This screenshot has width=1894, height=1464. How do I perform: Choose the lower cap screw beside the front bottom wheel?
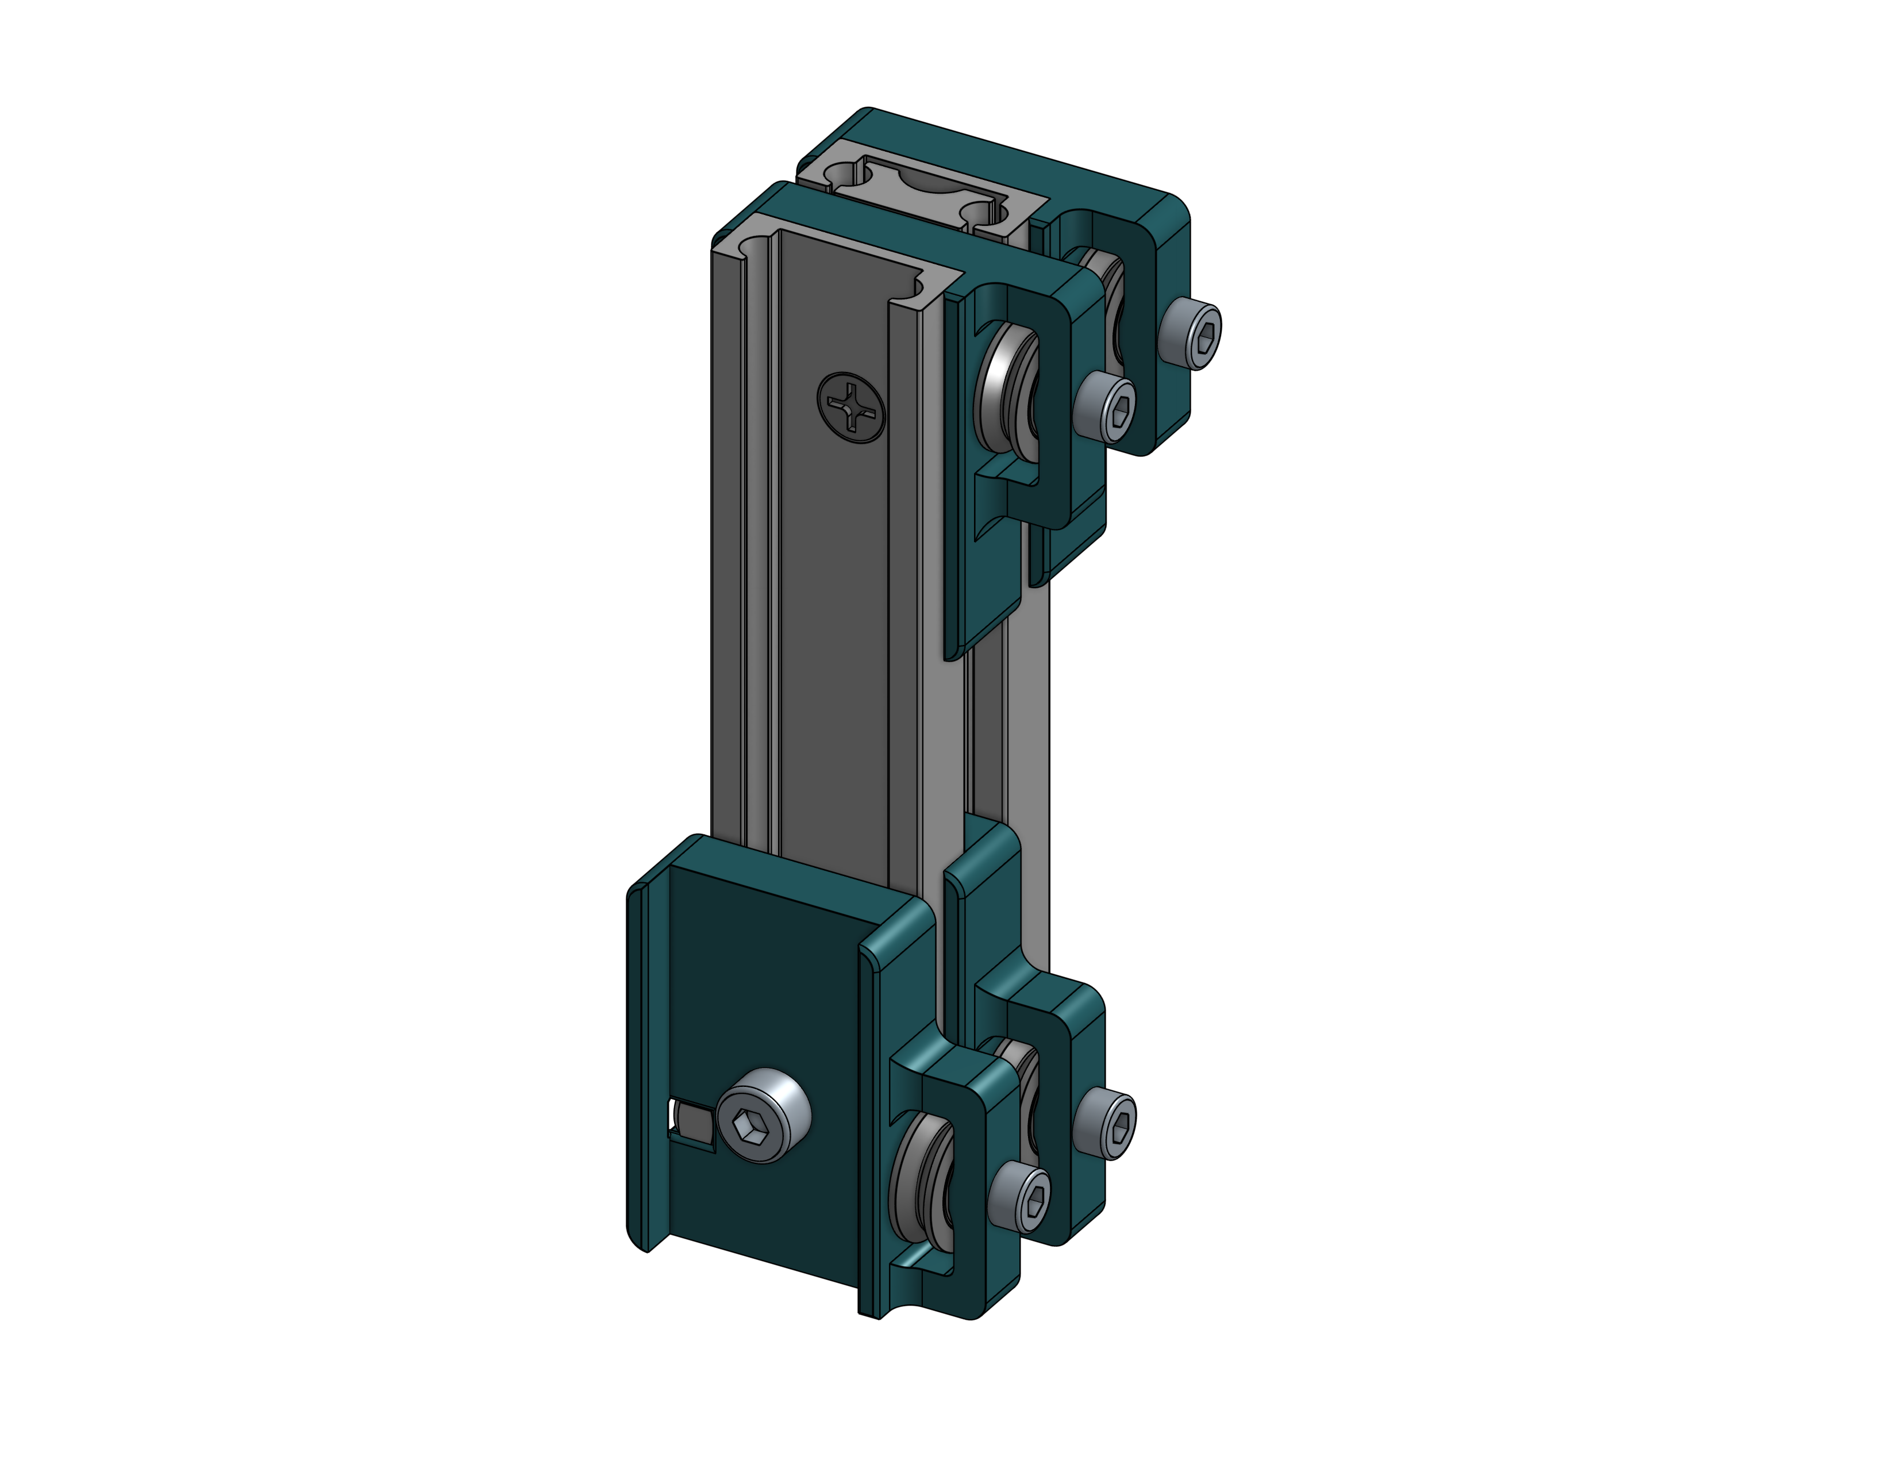pos(1020,1197)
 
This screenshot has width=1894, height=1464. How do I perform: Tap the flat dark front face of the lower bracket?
pos(763,997)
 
